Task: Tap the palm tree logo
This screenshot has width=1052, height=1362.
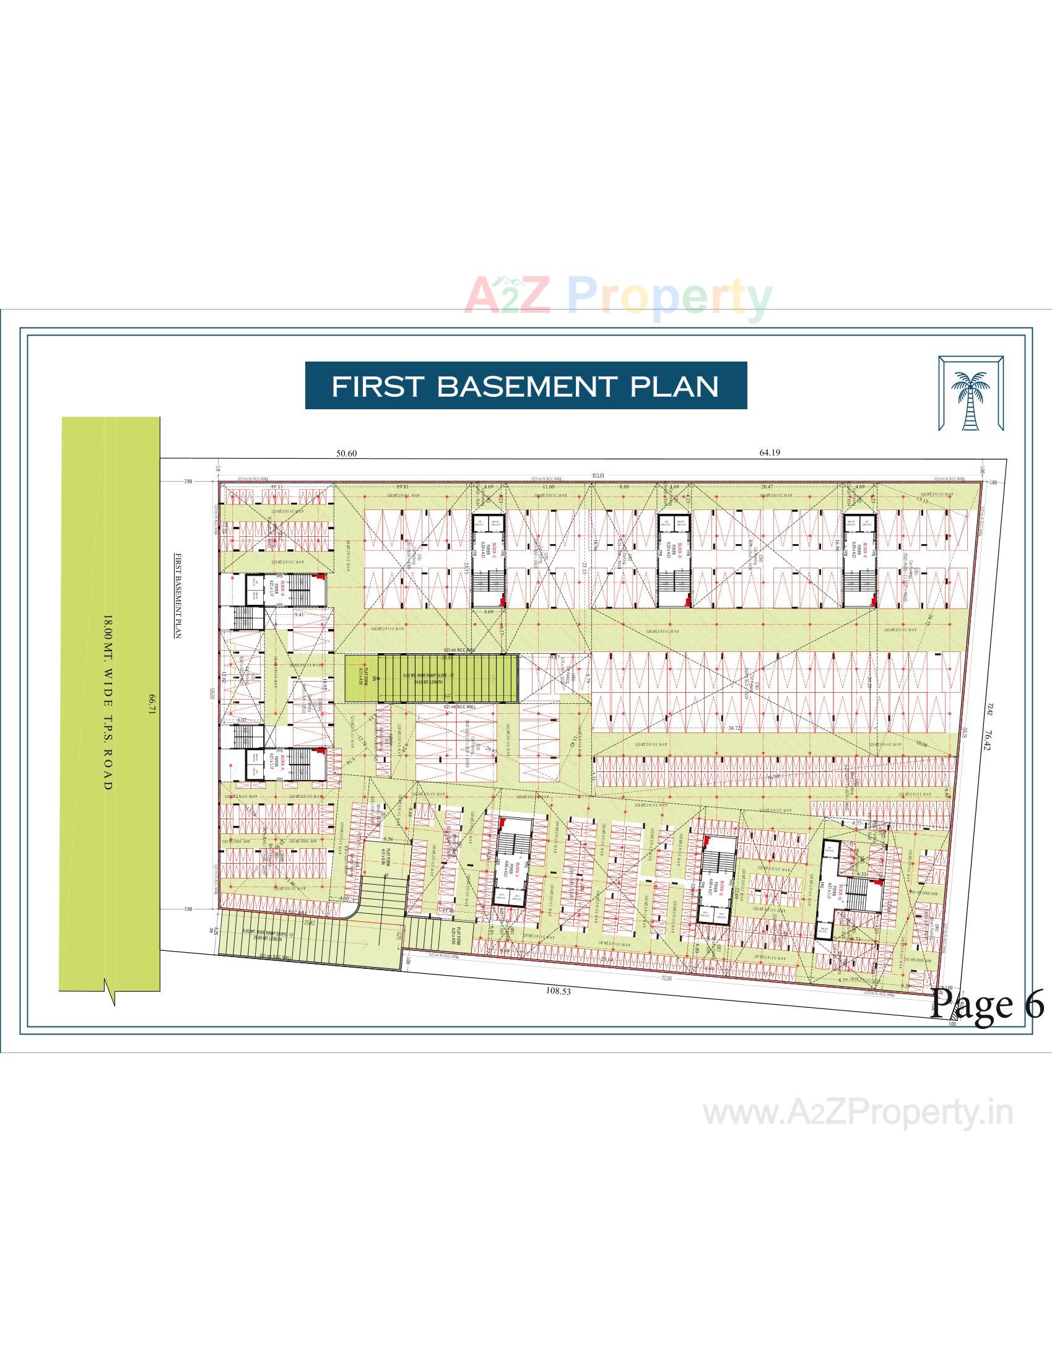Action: [x=970, y=394]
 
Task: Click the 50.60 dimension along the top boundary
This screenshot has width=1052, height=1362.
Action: [x=346, y=453]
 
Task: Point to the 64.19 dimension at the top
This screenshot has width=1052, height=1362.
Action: [x=770, y=453]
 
